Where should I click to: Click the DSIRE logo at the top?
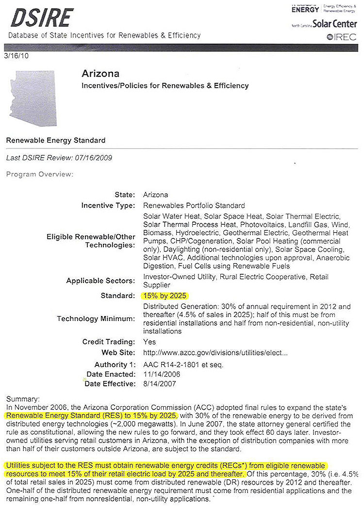[x=41, y=18]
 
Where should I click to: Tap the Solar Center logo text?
[x=334, y=24]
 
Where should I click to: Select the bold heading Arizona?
[x=100, y=74]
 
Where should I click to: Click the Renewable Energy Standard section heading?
[x=55, y=141]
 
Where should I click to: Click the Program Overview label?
[x=39, y=174]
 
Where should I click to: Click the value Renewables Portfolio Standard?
[x=194, y=206]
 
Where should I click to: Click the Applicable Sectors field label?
[x=100, y=281]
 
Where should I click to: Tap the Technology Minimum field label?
[x=96, y=318]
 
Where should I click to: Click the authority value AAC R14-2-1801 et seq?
[x=183, y=364]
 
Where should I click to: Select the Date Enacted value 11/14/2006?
[x=159, y=374]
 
